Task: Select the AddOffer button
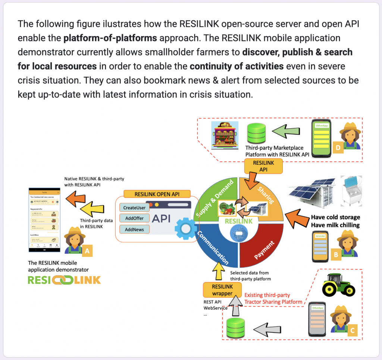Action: click(x=134, y=218)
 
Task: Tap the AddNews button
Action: click(x=134, y=229)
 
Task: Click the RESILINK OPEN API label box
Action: click(x=157, y=194)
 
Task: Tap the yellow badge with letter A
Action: click(x=87, y=251)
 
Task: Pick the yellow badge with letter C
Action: click(x=353, y=329)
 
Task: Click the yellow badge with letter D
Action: click(x=338, y=148)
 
